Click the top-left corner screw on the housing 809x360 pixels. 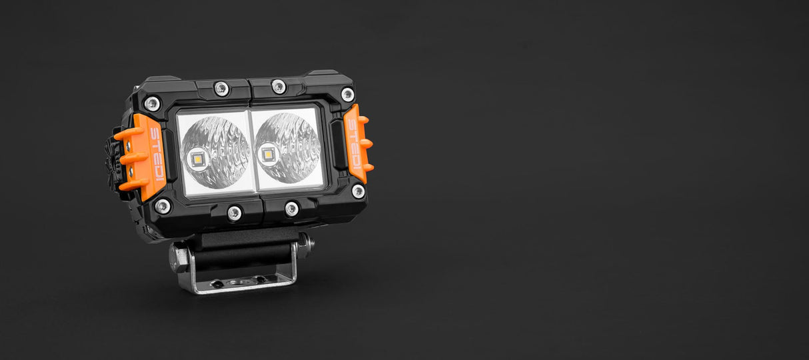(x=152, y=103)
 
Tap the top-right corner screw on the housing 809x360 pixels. (x=347, y=94)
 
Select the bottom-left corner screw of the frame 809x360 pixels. (x=162, y=206)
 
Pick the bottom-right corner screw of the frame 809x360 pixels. (x=358, y=191)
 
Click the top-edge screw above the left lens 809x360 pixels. (x=221, y=88)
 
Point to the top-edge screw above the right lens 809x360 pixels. (x=279, y=86)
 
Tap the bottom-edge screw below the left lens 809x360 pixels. (x=234, y=213)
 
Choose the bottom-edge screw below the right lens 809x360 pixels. (x=292, y=209)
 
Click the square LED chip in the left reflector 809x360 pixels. (x=198, y=159)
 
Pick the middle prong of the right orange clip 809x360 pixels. (x=366, y=143)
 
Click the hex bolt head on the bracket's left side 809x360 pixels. (x=178, y=257)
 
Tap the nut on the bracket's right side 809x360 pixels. (x=305, y=244)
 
